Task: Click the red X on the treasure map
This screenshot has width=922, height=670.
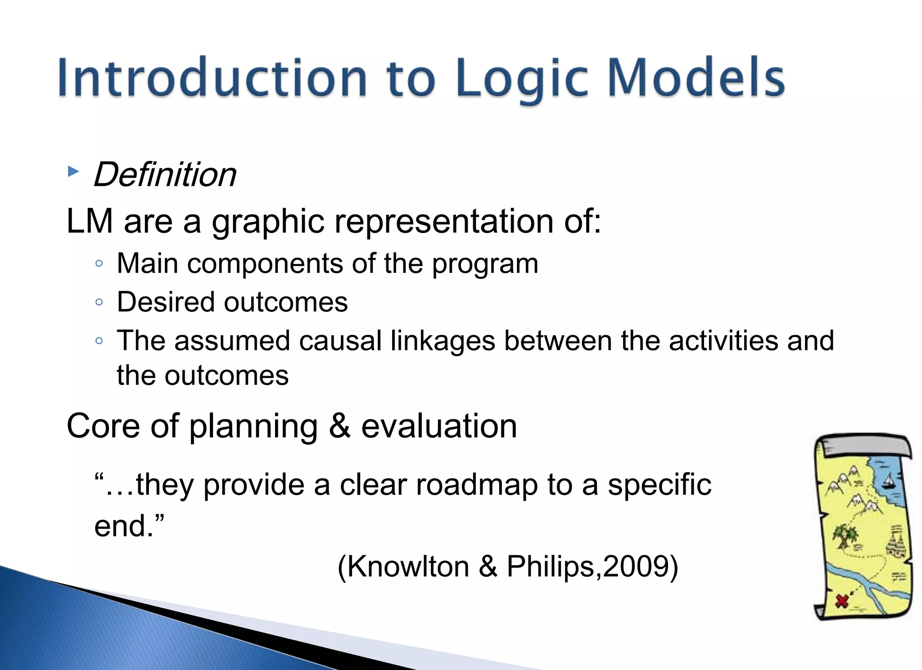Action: [841, 601]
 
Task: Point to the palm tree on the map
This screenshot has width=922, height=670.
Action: [845, 536]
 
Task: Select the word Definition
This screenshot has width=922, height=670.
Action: [165, 175]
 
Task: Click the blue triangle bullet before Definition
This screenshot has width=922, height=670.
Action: [73, 171]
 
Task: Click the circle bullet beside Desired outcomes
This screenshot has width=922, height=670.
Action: [99, 302]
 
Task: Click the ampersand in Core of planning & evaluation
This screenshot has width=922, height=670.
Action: [339, 426]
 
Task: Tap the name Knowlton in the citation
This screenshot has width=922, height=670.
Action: [408, 566]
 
